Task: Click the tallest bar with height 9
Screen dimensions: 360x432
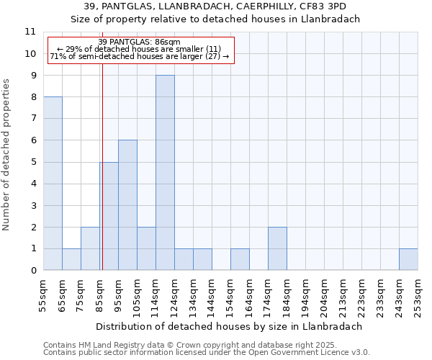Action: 165,173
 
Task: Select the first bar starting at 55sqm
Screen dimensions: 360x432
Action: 53,184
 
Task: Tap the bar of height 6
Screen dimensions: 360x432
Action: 127,205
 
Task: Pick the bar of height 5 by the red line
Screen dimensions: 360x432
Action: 109,216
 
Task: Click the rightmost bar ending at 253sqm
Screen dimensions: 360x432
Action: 408,259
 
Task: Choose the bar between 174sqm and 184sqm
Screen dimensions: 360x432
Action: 277,248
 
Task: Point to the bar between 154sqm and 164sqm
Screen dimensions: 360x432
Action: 240,259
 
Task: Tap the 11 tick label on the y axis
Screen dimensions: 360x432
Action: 30,32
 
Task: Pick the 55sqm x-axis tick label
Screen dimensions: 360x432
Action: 43,294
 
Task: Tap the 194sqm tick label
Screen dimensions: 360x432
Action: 305,294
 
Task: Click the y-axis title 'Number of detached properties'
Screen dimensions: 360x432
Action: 7,155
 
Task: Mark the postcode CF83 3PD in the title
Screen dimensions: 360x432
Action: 328,6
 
